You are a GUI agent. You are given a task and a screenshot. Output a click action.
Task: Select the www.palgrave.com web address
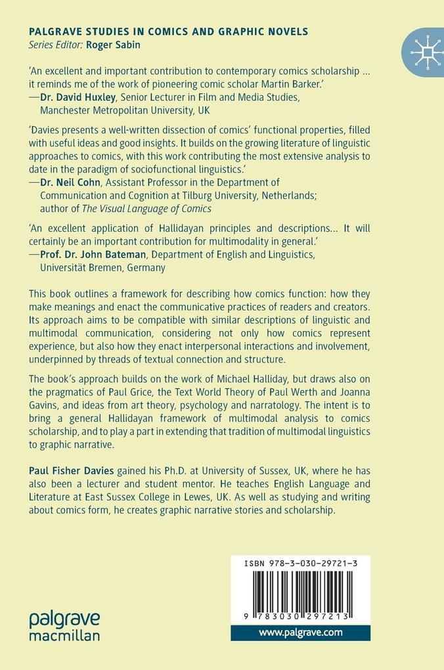(300, 633)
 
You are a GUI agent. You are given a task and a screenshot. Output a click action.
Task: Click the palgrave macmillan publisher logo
(64, 625)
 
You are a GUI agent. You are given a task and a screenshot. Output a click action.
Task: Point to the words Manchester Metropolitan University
(118, 111)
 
